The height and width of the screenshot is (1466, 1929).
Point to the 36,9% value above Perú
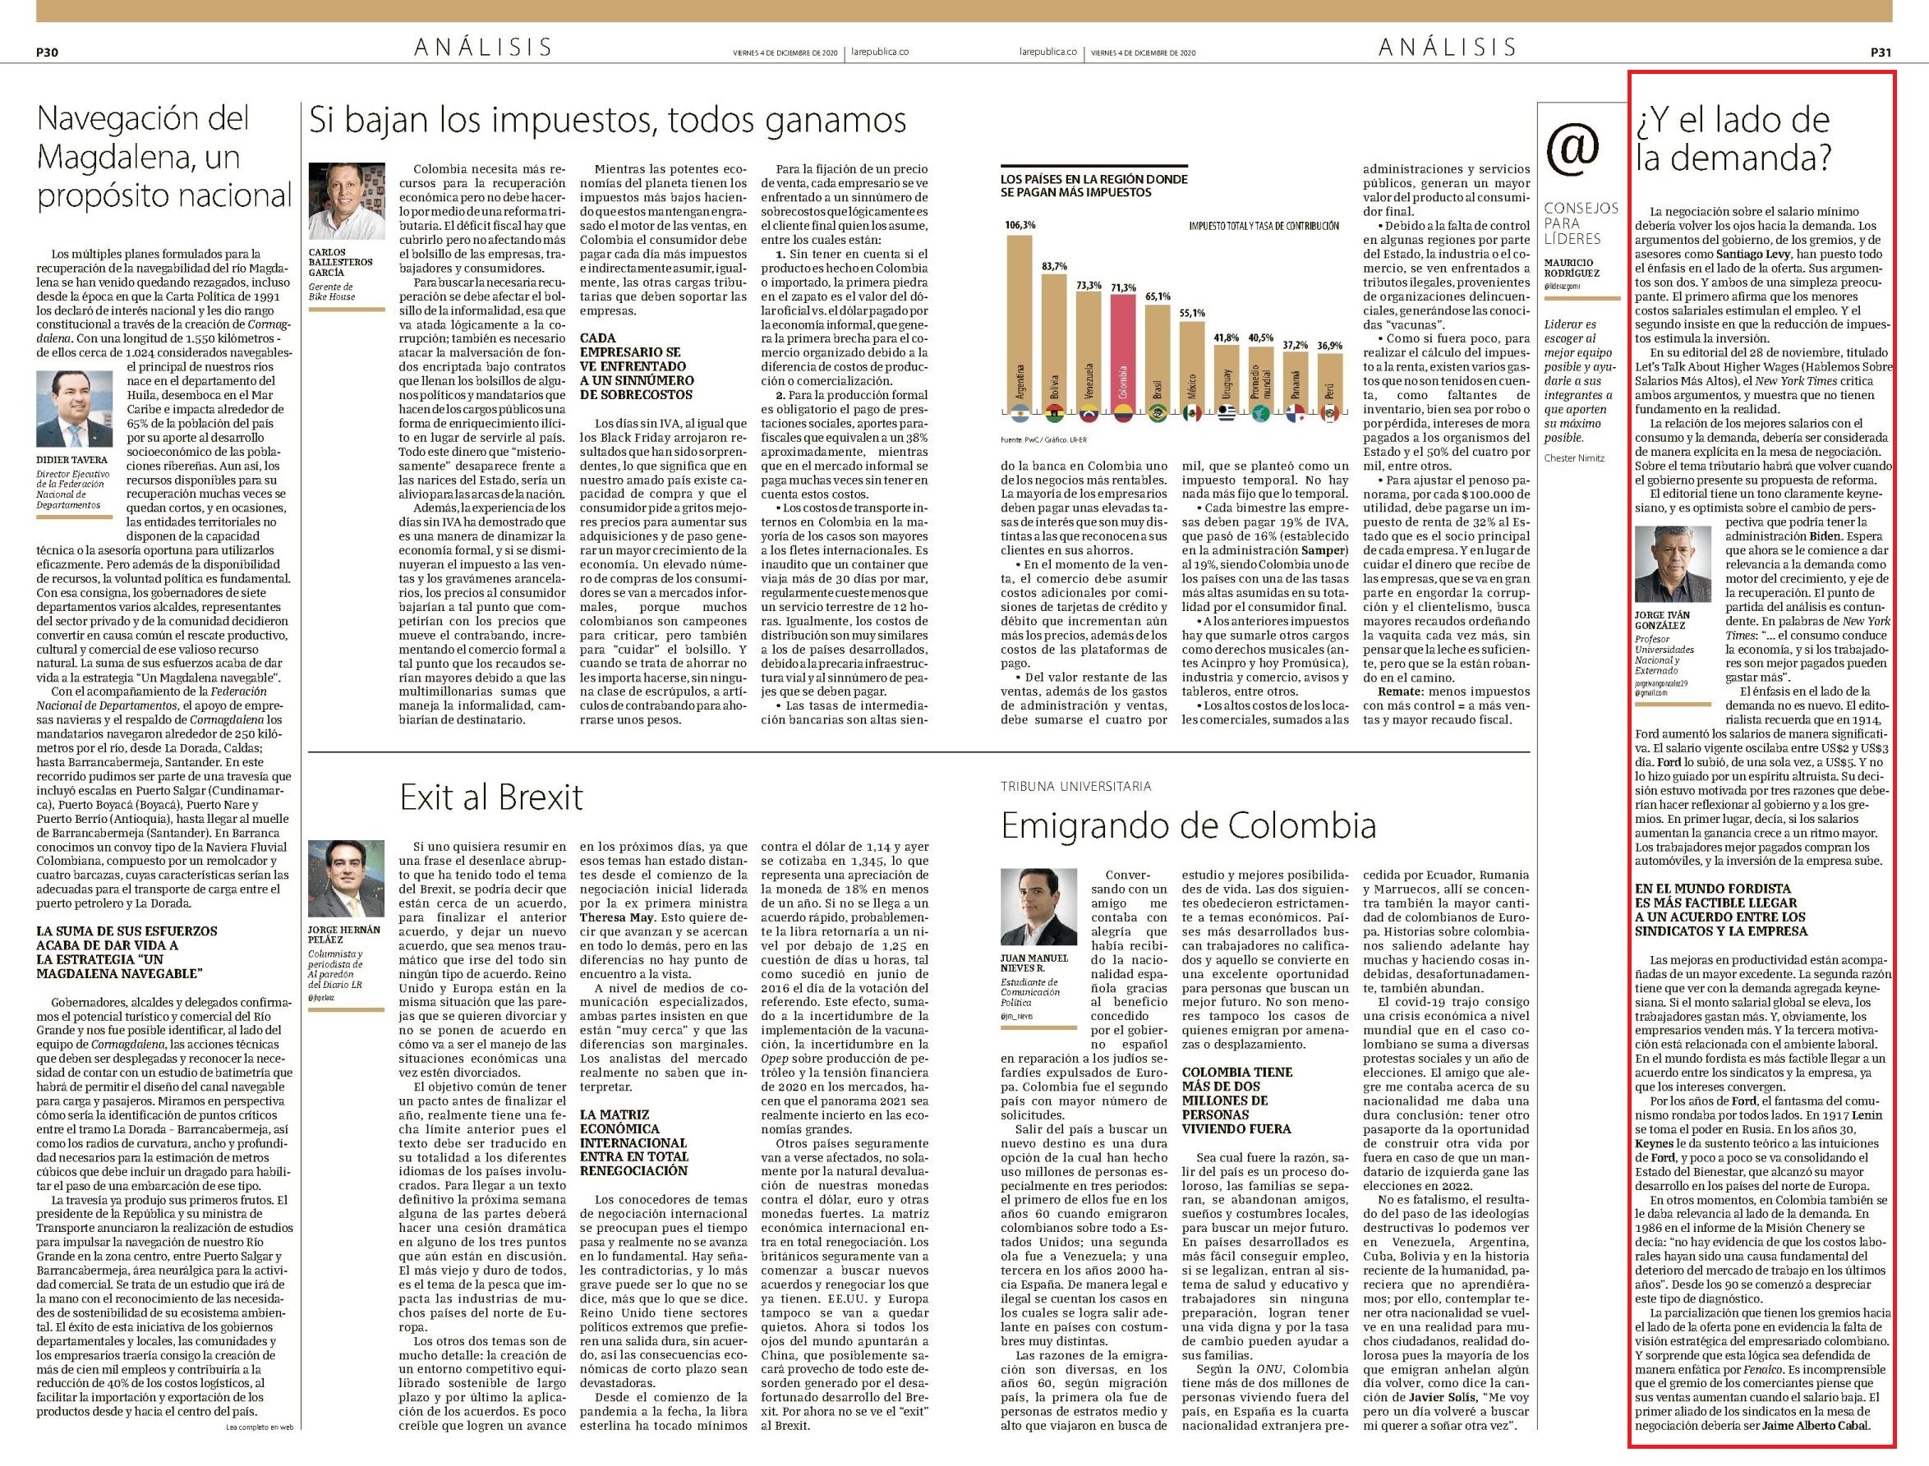tap(1329, 346)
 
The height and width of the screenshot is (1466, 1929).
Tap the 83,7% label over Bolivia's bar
tap(1054, 266)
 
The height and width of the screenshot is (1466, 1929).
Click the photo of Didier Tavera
tap(74, 409)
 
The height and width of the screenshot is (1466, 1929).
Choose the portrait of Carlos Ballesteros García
tap(347, 200)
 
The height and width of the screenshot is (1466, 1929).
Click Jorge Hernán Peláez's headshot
tap(347, 878)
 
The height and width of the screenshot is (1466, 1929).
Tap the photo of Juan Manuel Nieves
tap(1038, 906)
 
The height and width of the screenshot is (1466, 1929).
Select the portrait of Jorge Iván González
tap(1673, 563)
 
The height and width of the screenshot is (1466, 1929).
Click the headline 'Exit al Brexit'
tap(491, 797)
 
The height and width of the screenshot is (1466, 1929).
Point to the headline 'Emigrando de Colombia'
tap(1188, 825)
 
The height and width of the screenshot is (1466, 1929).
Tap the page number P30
tap(47, 52)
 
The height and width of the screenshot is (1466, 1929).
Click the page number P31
tap(1881, 52)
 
